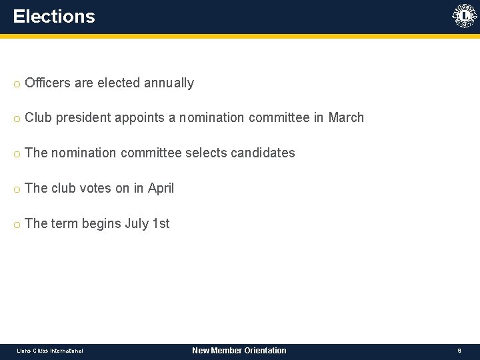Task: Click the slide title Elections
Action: tap(54, 17)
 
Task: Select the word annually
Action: tap(167, 83)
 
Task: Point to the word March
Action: tap(346, 118)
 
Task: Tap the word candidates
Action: tap(263, 153)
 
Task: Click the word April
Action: tap(161, 188)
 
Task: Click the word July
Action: tap(137, 223)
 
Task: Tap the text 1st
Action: tap(161, 223)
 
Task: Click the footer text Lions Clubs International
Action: tap(50, 351)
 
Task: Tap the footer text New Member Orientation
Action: tap(239, 351)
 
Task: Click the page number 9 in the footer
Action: tap(459, 351)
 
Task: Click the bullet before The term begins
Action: tap(16, 225)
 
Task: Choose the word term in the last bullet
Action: tap(65, 223)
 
